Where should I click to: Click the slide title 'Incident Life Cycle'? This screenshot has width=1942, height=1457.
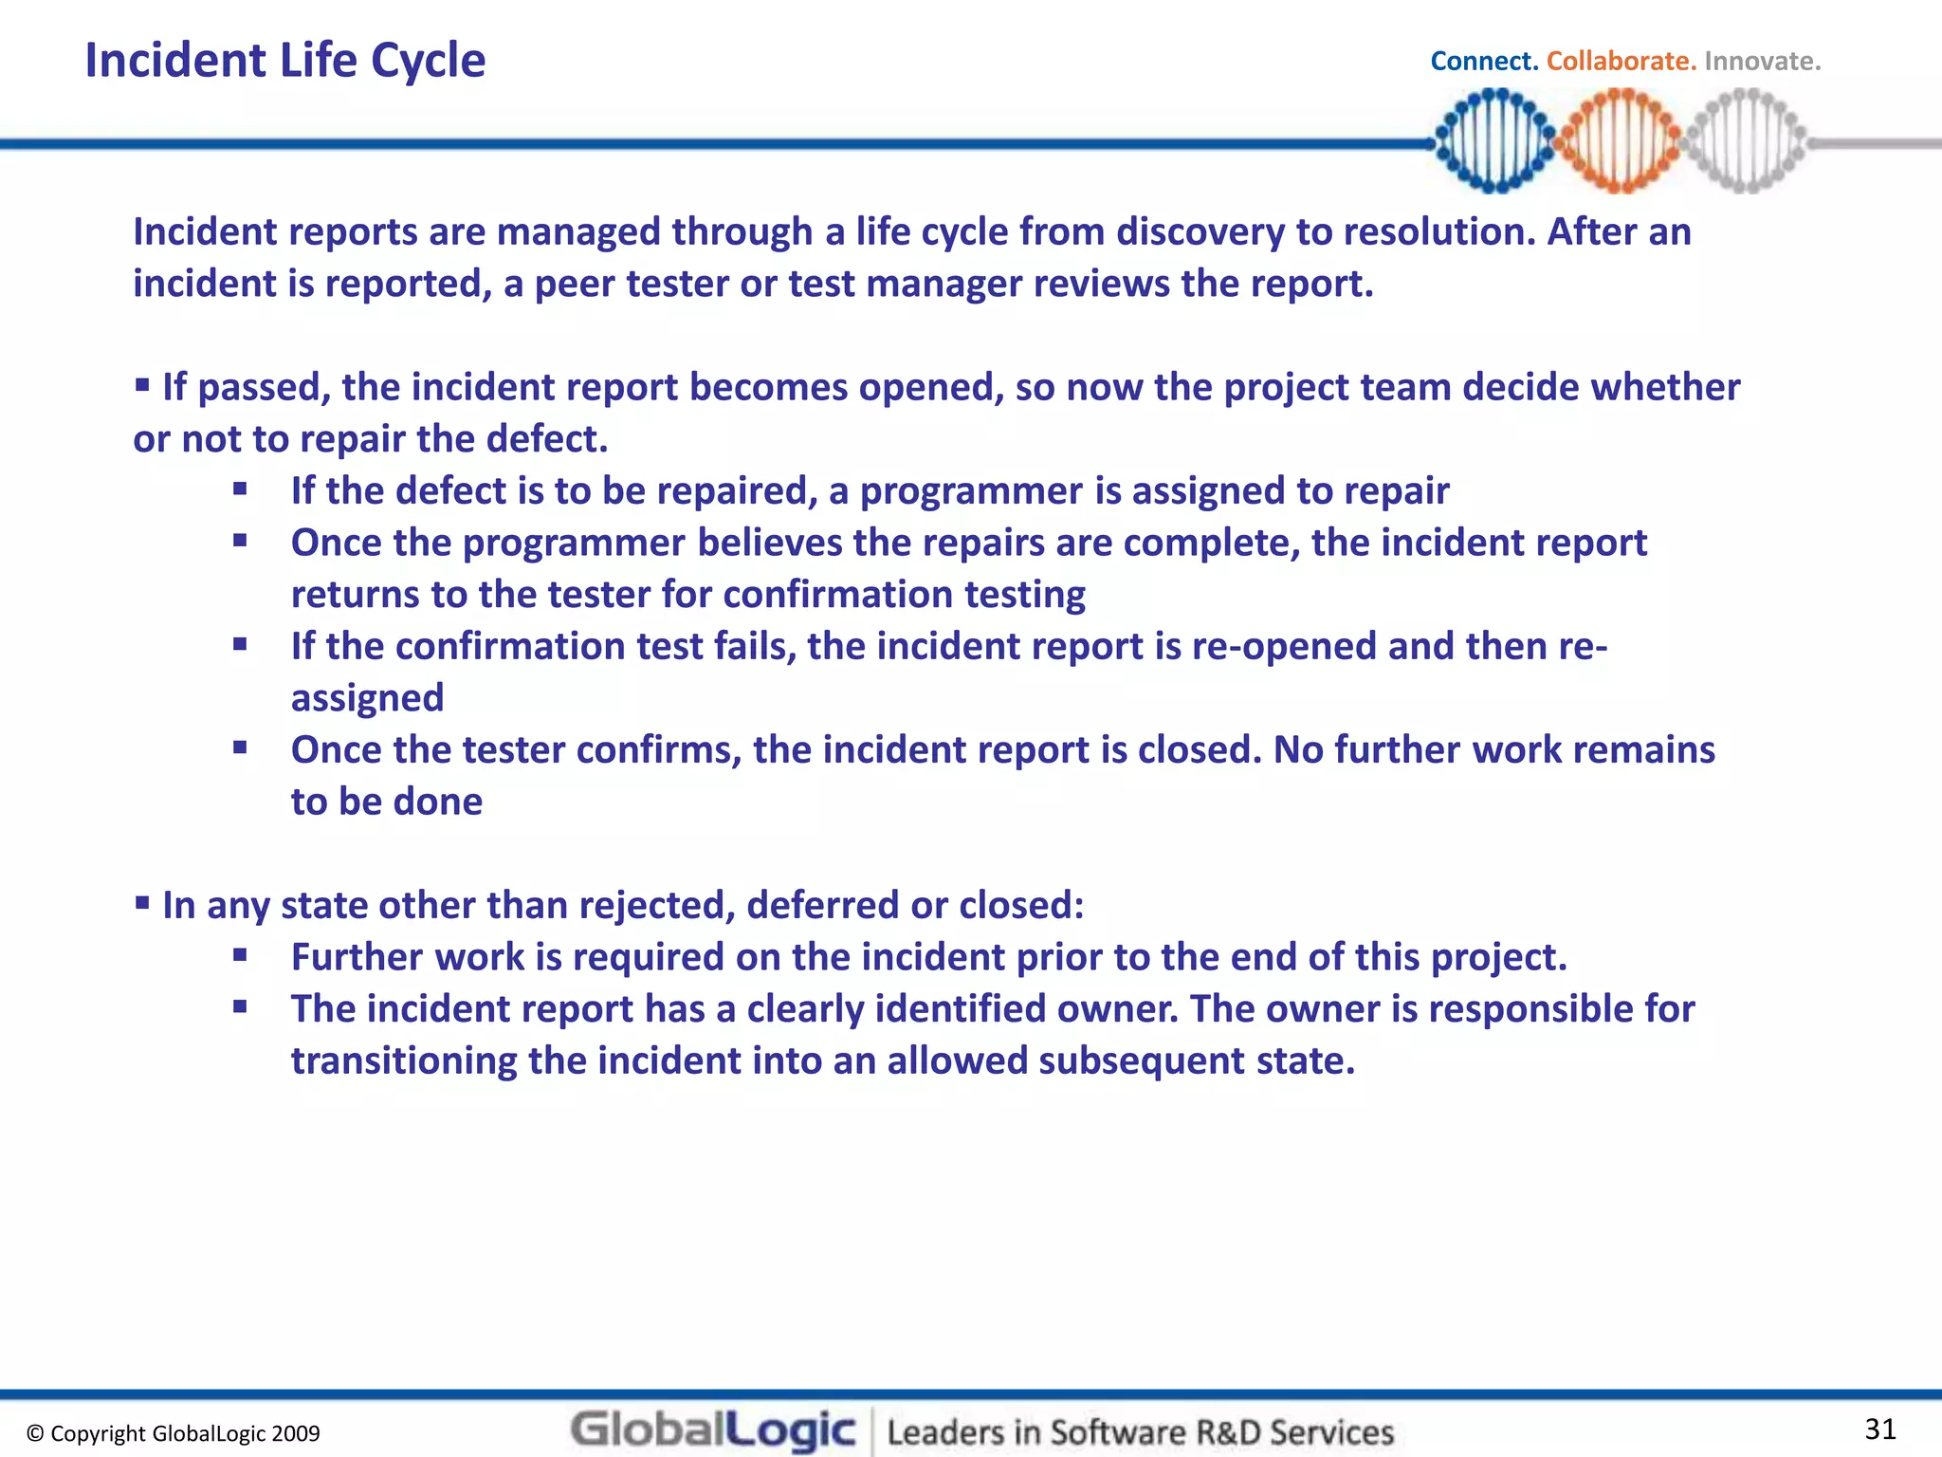click(x=284, y=61)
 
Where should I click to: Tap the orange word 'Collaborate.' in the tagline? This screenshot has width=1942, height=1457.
click(x=1621, y=62)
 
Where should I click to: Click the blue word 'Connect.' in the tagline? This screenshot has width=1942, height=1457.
click(x=1483, y=62)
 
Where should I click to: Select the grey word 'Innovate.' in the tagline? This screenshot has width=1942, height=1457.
click(x=1762, y=62)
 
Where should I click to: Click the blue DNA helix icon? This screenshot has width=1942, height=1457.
click(x=1494, y=140)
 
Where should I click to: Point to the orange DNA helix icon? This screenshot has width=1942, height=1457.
click(x=1620, y=140)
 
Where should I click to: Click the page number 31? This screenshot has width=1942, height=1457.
click(x=1880, y=1429)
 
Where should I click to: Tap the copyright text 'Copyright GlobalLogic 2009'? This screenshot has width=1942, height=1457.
click(x=174, y=1433)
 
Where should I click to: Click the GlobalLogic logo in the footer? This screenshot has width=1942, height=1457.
click(x=713, y=1430)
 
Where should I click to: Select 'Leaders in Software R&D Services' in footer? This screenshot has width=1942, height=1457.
click(x=1140, y=1431)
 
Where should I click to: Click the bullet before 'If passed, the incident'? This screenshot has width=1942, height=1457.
click(x=142, y=385)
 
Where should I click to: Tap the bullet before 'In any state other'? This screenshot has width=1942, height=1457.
click(x=142, y=903)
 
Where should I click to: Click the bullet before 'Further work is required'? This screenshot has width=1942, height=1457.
click(x=240, y=955)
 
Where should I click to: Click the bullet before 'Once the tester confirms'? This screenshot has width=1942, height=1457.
click(x=240, y=747)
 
